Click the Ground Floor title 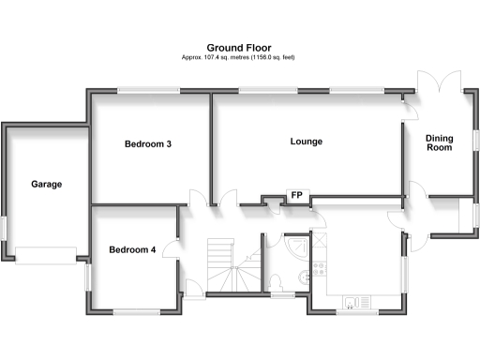tap(239, 46)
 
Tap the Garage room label tap(45, 184)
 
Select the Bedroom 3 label tap(148, 144)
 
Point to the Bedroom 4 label tap(132, 249)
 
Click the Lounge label tap(306, 142)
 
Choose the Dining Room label tap(439, 142)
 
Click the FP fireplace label tap(297, 195)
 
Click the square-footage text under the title tap(239, 57)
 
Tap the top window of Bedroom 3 tap(148, 91)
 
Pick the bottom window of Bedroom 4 tap(134, 311)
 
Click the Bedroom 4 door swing tap(170, 247)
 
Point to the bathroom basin tap(305, 277)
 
